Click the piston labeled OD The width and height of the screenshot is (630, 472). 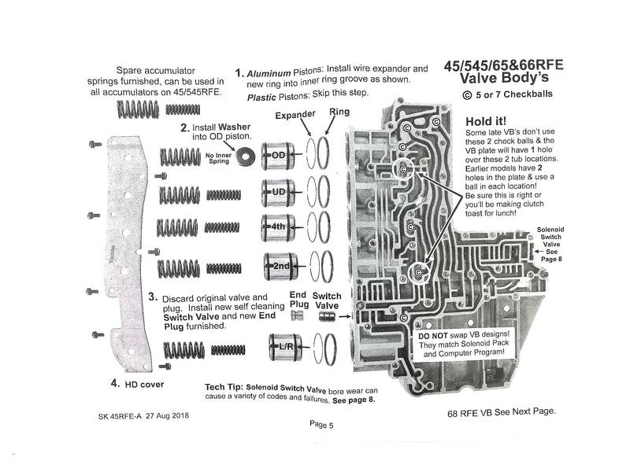(x=276, y=156)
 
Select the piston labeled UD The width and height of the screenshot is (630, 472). (x=276, y=191)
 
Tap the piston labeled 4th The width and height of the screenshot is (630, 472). (x=276, y=227)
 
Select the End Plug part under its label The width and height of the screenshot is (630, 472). (x=297, y=316)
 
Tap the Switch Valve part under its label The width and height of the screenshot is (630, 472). (x=327, y=317)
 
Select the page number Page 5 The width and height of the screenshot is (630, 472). (x=321, y=424)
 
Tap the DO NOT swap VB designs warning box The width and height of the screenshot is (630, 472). (x=465, y=345)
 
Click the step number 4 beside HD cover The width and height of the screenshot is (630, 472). (x=115, y=383)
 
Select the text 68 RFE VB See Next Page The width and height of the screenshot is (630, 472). (x=502, y=411)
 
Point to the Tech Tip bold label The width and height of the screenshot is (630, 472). (x=224, y=389)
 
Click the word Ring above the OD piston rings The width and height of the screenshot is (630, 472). (x=339, y=112)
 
